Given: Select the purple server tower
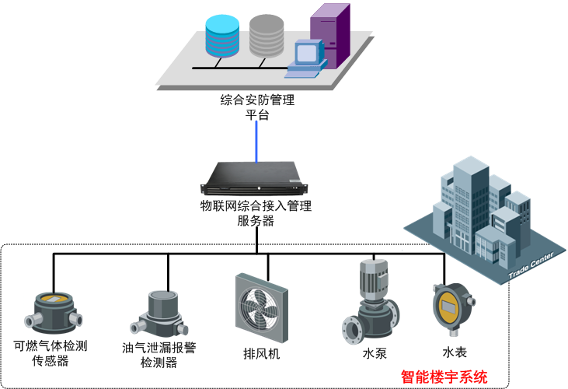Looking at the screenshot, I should pyautogui.click(x=329, y=35).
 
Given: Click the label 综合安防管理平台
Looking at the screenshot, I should pyautogui.click(x=257, y=107).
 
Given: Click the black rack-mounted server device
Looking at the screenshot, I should pyautogui.click(x=256, y=180).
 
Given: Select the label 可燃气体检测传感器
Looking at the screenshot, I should pyautogui.click(x=51, y=352).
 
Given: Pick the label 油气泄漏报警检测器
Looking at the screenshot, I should pyautogui.click(x=159, y=355).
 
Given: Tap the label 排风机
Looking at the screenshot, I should pyautogui.click(x=262, y=354).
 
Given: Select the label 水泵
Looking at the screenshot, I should pyautogui.click(x=374, y=353).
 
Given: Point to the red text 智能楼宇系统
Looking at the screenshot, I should pyautogui.click(x=444, y=377).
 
